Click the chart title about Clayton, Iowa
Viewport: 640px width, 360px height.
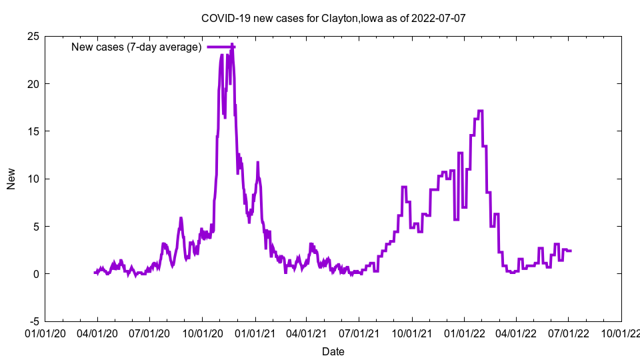click(x=333, y=18)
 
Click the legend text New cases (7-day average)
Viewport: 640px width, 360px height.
click(x=137, y=47)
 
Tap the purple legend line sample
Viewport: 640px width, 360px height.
click(x=221, y=47)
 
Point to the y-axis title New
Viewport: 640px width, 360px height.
click(x=11, y=179)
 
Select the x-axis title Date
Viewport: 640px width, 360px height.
click(x=333, y=351)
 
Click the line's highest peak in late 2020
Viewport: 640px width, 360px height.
click(x=232, y=45)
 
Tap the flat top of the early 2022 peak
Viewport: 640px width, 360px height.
click(x=480, y=111)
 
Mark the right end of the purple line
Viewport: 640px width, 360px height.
click(x=571, y=251)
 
